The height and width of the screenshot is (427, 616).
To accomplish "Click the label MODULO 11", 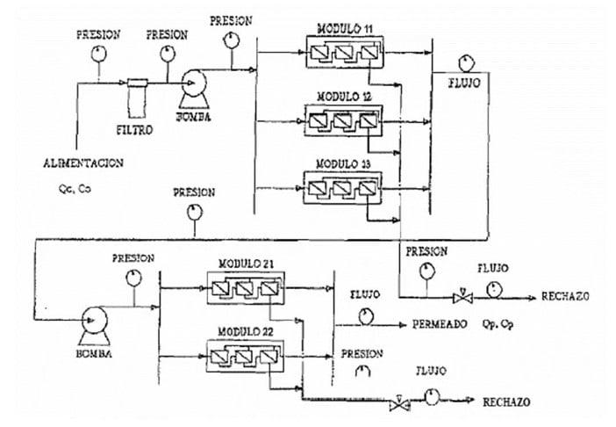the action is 345,29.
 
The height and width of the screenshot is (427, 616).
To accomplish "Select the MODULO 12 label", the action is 344,97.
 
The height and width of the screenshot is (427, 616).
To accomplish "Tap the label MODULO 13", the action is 343,163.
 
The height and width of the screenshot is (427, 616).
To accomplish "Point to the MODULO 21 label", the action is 246,264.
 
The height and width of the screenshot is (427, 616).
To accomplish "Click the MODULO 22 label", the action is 246,332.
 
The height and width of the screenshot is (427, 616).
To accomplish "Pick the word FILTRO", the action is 135,130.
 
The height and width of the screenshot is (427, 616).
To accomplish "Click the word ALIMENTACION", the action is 83,163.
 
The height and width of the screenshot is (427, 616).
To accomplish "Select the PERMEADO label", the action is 440,324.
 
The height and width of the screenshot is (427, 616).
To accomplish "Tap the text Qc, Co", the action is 75,189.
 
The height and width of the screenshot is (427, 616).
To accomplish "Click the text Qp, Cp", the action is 498,324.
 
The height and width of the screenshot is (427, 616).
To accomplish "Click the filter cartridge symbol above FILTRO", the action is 138,98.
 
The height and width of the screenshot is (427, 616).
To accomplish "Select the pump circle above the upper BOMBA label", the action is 194,83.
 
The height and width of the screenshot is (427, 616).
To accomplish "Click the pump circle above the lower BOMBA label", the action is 94,320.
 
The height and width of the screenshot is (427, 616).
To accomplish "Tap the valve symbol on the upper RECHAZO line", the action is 462,298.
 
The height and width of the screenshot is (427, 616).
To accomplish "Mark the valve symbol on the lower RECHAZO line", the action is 400,404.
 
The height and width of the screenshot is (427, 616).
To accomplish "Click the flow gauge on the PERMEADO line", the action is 366,317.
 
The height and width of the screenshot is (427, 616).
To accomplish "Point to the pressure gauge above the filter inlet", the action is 98,54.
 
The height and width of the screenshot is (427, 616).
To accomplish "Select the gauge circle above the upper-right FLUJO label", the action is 467,63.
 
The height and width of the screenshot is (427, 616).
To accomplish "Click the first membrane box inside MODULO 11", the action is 319,53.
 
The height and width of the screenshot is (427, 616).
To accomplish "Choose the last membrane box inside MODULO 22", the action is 269,357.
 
